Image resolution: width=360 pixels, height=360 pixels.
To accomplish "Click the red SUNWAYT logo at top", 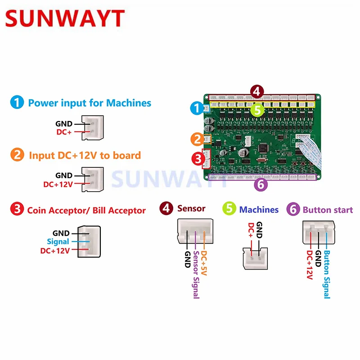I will (65, 19).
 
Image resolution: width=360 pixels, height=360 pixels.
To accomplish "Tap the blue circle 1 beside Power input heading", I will (17, 103).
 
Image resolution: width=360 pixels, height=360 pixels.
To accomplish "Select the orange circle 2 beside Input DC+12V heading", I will (17, 155).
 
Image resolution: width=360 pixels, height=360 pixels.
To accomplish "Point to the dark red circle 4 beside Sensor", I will (167, 209).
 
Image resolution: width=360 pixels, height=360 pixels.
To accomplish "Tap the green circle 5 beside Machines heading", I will (229, 209).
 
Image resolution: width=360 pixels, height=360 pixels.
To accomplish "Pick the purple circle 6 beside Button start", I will (293, 209).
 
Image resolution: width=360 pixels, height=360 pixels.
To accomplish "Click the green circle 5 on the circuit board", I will (256, 109).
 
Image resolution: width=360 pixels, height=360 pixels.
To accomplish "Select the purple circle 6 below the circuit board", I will (261, 184).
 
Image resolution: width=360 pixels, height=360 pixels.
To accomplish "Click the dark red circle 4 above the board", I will (256, 92).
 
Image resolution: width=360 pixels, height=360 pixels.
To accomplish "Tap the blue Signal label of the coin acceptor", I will (58, 242).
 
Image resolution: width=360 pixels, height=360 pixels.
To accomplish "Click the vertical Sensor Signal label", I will (196, 274).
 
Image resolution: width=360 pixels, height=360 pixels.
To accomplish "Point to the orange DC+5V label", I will (205, 264).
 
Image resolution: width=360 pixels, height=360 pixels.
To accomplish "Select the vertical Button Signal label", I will (327, 274).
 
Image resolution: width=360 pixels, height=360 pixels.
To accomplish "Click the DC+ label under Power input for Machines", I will (64, 132).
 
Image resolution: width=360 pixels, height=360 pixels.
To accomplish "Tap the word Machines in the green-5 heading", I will (259, 210).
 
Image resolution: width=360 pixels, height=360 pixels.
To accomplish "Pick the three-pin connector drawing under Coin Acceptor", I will (89, 242).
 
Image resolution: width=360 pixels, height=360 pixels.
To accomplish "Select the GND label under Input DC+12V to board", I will (64, 175).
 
